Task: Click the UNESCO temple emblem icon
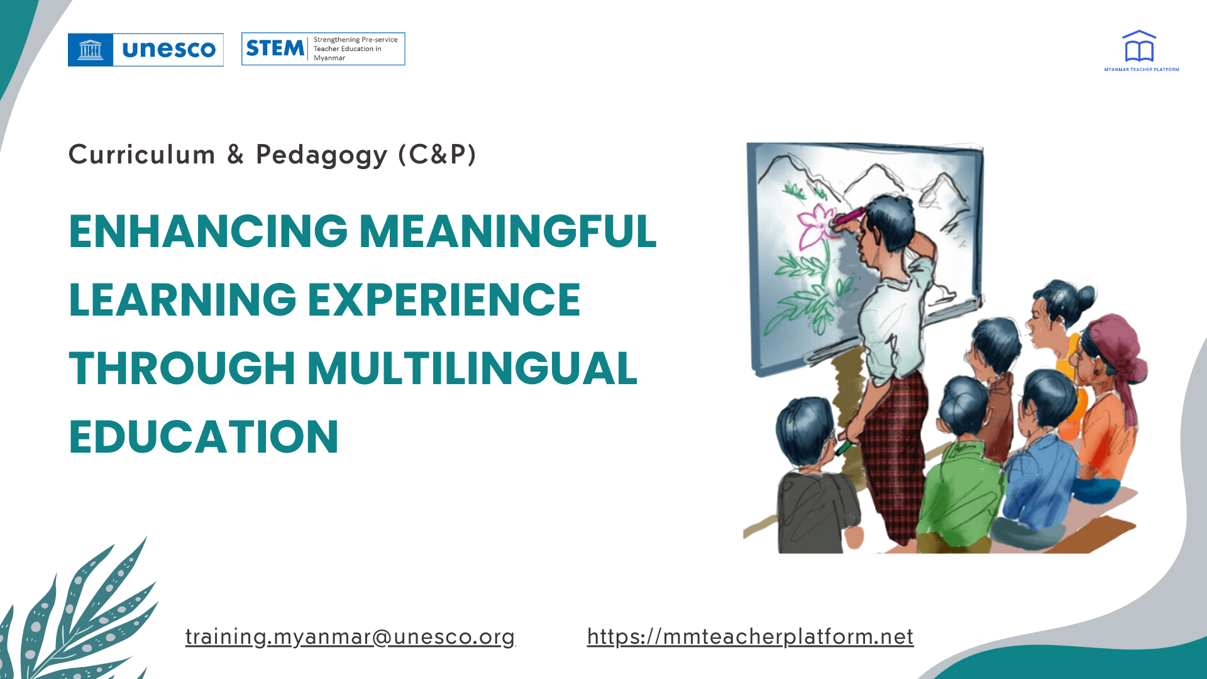pyautogui.click(x=91, y=50)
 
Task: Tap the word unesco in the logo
pyautogui.click(x=168, y=50)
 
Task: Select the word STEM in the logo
pyautogui.click(x=275, y=48)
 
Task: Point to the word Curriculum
pyautogui.click(x=141, y=155)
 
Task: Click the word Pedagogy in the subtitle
pyautogui.click(x=321, y=155)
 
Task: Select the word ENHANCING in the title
pyautogui.click(x=208, y=231)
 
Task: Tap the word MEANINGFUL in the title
pyautogui.click(x=507, y=231)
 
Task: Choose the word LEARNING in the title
pyautogui.click(x=182, y=299)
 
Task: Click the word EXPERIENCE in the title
pyautogui.click(x=444, y=299)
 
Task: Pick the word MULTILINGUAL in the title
pyautogui.click(x=472, y=368)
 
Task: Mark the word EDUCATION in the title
pyautogui.click(x=204, y=436)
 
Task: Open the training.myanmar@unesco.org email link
pyautogui.click(x=350, y=637)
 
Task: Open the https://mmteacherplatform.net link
pyautogui.click(x=750, y=637)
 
